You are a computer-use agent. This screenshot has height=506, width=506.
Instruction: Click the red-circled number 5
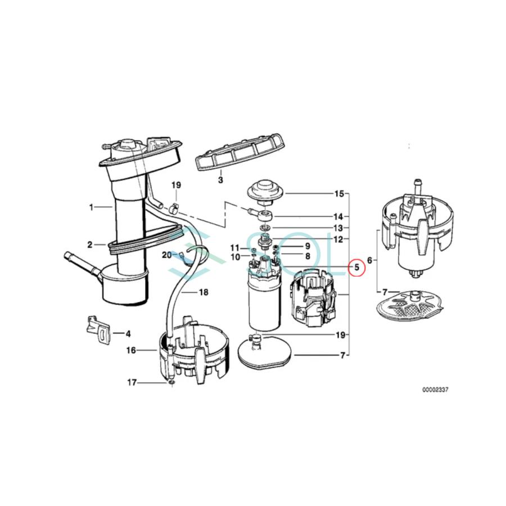click(356, 268)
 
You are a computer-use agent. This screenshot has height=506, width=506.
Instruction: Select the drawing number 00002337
click(436, 389)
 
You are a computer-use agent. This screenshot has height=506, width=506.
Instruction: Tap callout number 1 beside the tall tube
click(92, 207)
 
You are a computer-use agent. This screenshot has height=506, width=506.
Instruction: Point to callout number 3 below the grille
click(220, 180)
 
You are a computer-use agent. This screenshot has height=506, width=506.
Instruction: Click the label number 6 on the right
click(369, 260)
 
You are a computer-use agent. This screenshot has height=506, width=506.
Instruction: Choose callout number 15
click(338, 194)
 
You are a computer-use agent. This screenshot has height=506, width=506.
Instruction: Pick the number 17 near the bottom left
click(132, 383)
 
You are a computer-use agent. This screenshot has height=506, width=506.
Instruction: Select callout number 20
click(166, 255)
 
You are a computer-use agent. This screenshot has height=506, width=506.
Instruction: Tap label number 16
click(131, 350)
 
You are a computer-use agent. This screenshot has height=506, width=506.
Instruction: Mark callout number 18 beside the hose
click(203, 292)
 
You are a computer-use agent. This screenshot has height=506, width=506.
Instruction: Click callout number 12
click(338, 239)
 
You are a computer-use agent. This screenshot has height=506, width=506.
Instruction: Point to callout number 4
click(128, 333)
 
